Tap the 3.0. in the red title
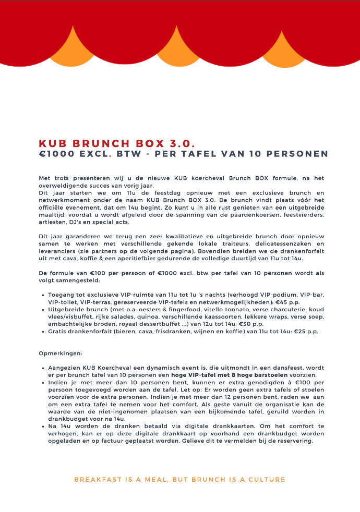[x=183, y=144]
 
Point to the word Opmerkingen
[x=56, y=353]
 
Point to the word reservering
[x=296, y=441]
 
